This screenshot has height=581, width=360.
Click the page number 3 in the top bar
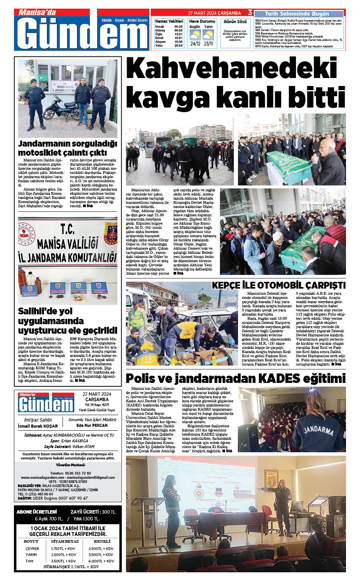[x=250, y=13]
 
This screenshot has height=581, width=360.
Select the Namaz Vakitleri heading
[x=169, y=21]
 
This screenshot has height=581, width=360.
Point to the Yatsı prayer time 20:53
[x=178, y=45]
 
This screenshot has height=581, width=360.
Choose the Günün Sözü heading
[x=235, y=22]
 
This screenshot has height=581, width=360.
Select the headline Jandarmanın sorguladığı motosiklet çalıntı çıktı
[x=67, y=148]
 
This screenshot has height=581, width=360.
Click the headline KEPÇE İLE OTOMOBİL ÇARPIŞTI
[x=279, y=285]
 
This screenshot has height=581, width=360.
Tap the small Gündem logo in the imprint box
[x=46, y=403]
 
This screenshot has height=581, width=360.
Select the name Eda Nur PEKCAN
[x=92, y=425]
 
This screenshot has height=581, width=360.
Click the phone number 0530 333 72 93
[x=70, y=473]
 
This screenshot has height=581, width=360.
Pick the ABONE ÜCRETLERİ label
[x=37, y=512]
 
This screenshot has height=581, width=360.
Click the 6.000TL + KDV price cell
[x=101, y=561]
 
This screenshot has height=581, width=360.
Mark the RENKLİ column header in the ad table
[x=102, y=542]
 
